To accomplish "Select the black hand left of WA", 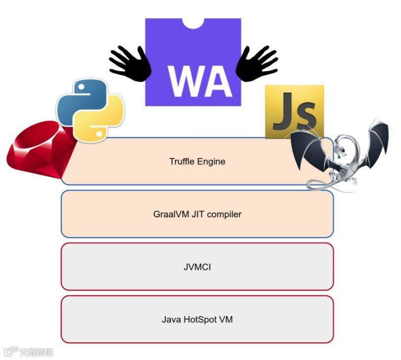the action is [130, 63].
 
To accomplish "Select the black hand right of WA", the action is [256, 63].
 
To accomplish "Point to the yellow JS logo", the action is [294, 111].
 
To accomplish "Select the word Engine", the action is [211, 161].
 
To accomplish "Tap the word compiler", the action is [225, 214].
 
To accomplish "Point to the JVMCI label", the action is [197, 267].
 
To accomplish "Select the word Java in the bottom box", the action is [171, 320].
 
